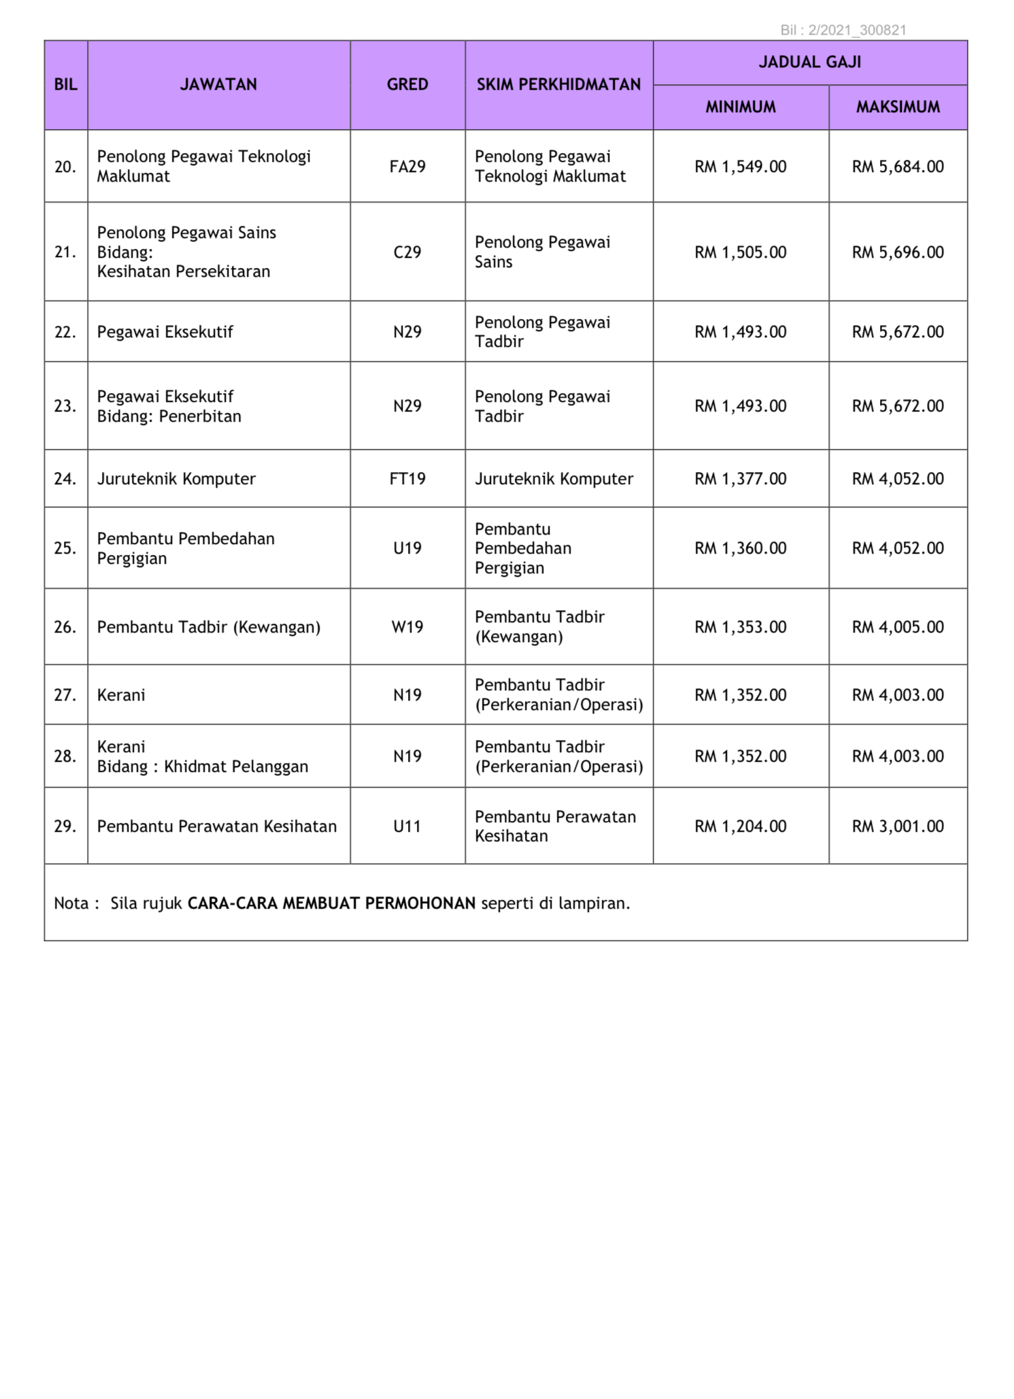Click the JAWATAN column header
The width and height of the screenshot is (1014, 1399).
click(x=218, y=84)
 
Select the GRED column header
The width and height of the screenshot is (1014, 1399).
click(x=407, y=84)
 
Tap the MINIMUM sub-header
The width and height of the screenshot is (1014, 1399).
click(x=740, y=107)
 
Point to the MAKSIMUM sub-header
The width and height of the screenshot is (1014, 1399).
click(x=898, y=107)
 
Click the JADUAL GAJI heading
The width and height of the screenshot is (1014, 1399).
click(x=809, y=62)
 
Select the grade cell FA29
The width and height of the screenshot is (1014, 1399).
click(x=407, y=167)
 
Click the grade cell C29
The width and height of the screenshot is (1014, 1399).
click(x=407, y=252)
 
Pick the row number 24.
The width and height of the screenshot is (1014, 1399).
click(x=65, y=479)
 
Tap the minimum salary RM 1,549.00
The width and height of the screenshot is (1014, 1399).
click(x=740, y=167)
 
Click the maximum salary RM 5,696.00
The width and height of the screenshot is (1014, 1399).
click(x=898, y=252)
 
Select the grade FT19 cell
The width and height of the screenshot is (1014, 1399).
click(x=407, y=479)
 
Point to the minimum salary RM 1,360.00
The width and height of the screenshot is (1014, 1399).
click(x=740, y=548)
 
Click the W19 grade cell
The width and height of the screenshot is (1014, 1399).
click(x=407, y=627)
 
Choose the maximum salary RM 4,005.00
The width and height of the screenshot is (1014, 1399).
click(x=898, y=627)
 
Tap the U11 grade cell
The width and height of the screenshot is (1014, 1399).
click(x=407, y=826)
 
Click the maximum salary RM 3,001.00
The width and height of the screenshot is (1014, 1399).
click(x=898, y=826)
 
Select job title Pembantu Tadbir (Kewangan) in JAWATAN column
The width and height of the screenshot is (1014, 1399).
click(x=208, y=627)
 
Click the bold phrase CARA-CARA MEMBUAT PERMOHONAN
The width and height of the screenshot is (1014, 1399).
click(x=331, y=903)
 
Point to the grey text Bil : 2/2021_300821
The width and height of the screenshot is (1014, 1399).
click(x=843, y=30)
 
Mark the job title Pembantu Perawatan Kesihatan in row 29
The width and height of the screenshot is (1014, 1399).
click(x=216, y=826)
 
